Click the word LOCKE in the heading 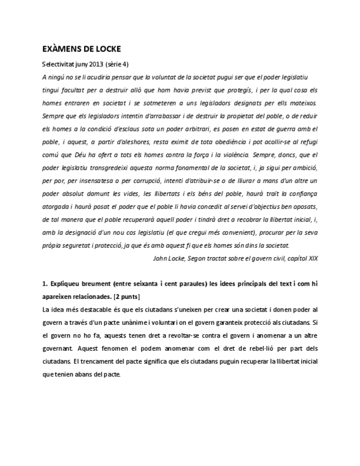tap(104, 49)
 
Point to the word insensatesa tap(96, 181)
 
